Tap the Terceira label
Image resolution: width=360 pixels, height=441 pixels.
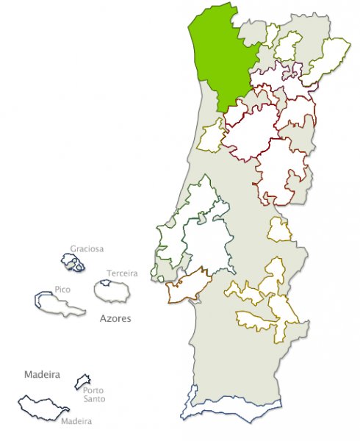pyautogui.click(x=122, y=273)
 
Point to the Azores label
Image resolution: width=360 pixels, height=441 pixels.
pyautogui.click(x=115, y=319)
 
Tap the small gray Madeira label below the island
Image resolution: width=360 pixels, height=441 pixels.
pyautogui.click(x=76, y=421)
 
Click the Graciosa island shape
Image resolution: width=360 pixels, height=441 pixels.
pyautogui.click(x=72, y=262)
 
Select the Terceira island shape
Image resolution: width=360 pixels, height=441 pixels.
pyautogui.click(x=111, y=291)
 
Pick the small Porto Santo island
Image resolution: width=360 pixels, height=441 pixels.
pyautogui.click(x=82, y=381)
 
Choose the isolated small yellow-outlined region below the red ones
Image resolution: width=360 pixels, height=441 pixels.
pyautogui.click(x=279, y=230)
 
